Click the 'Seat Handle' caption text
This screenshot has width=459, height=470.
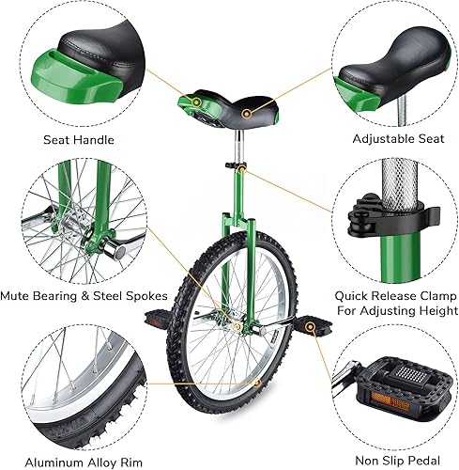(79, 140)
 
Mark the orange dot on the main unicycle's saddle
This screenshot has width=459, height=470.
(248, 113)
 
